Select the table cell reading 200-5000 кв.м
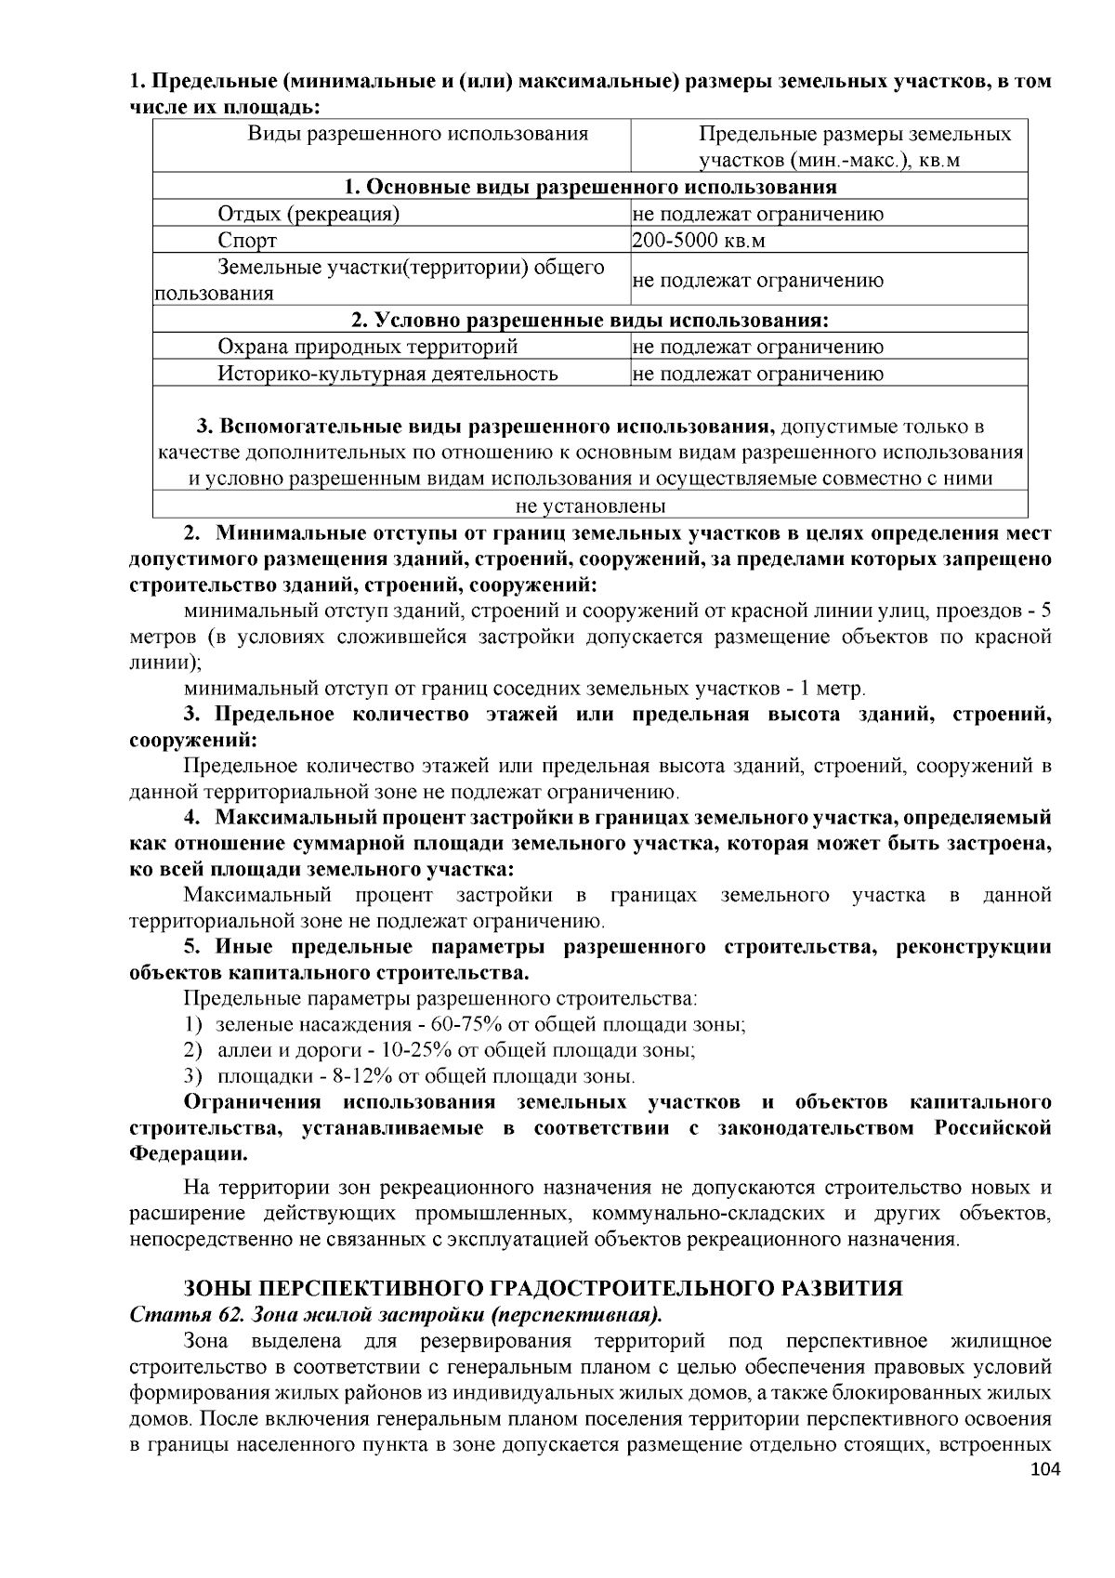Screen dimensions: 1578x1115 click(699, 241)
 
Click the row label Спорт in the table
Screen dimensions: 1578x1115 click(247, 241)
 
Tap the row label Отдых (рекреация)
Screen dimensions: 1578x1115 click(308, 215)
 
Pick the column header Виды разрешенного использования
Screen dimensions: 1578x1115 click(417, 134)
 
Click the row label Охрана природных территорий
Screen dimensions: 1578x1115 click(367, 348)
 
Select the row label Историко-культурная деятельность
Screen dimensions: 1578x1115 click(387, 375)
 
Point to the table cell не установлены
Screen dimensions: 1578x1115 click(590, 506)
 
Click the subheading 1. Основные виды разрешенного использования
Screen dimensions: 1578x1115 click(590, 187)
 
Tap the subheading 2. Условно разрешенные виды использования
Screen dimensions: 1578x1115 click(590, 321)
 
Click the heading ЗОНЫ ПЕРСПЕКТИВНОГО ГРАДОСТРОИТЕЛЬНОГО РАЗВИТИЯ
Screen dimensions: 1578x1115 click(544, 1288)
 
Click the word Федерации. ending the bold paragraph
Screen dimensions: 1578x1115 click(189, 1155)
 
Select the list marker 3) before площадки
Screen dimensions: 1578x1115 click(192, 1077)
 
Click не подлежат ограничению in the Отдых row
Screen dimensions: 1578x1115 click(757, 215)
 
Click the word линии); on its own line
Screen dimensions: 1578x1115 click(164, 664)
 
